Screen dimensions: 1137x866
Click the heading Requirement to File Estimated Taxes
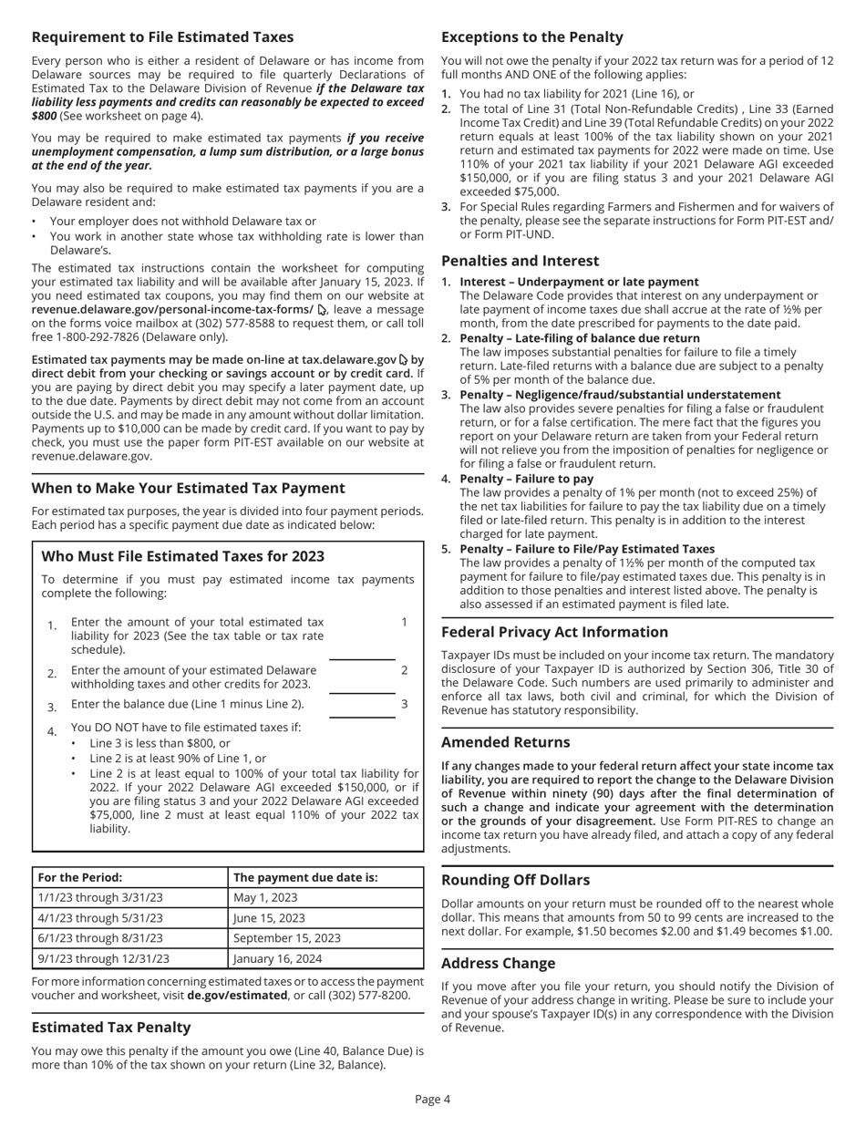[x=162, y=37]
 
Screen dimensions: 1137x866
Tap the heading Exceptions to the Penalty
[x=531, y=37]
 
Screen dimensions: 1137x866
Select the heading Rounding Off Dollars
[x=515, y=880]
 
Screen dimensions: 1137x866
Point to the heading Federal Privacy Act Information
[x=554, y=631]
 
